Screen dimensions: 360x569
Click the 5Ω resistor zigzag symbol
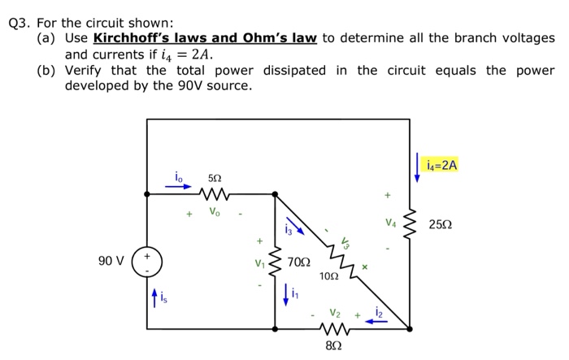215,194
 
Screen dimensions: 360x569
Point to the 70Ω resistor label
299,262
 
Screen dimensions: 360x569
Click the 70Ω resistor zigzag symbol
276,262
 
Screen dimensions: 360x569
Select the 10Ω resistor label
328,276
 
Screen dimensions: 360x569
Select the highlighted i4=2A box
441,165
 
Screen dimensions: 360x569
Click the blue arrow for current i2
376,321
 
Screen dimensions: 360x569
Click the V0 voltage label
214,212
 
